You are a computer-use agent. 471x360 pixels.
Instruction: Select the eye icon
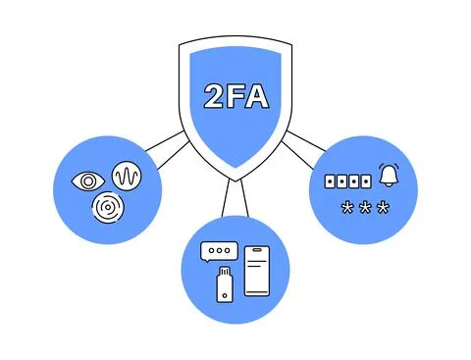[x=89, y=181]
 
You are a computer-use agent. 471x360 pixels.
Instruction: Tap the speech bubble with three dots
[x=215, y=252]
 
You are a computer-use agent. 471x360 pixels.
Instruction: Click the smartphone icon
[x=256, y=270]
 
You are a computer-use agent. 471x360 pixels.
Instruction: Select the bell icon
[x=389, y=177]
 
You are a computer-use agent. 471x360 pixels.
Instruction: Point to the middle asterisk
[x=363, y=208]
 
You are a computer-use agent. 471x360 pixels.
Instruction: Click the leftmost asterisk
[x=344, y=208]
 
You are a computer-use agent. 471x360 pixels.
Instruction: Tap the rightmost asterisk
[x=383, y=208]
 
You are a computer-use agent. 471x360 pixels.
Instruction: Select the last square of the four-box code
[x=367, y=181]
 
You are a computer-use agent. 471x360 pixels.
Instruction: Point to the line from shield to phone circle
[x=233, y=196]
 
